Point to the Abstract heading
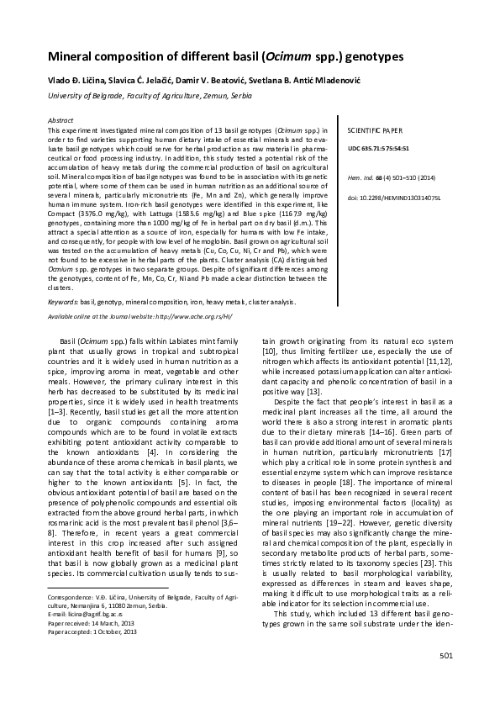[x=62, y=121]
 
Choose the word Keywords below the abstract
[x=65, y=299]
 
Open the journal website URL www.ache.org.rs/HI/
[x=180, y=316]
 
